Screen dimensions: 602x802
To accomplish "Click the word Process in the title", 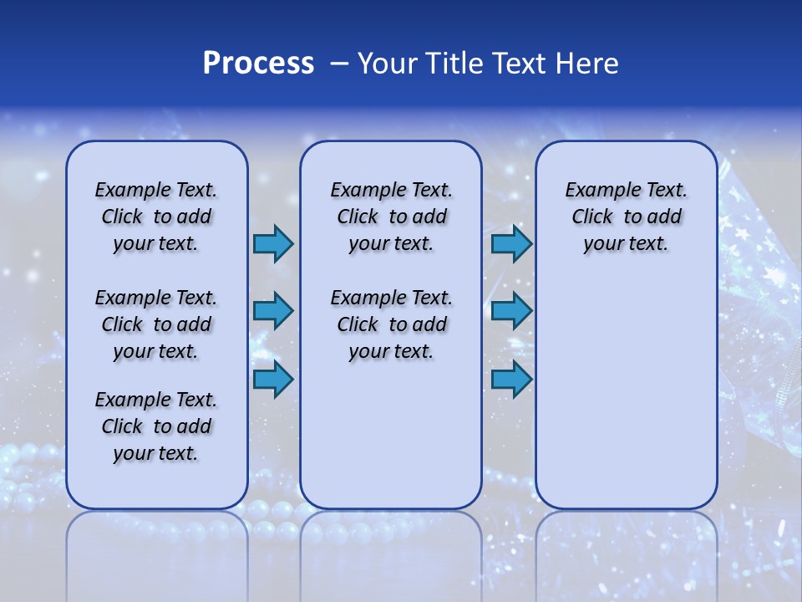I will point(258,64).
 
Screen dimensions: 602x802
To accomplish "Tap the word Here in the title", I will point(586,64).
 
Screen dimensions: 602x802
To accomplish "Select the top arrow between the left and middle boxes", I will point(273,244).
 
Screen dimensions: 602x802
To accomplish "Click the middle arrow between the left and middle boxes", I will point(273,312).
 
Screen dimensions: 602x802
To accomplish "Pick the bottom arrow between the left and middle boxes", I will point(273,380).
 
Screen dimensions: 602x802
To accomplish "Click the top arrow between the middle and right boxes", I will point(511,244).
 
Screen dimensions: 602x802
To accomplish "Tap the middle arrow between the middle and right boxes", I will point(511,312).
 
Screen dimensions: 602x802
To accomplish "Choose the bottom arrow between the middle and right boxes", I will point(511,380).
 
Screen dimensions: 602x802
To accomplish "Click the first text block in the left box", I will point(156,217).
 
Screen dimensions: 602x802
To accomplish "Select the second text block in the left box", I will point(156,324).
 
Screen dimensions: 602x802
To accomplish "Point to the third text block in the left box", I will point(156,426).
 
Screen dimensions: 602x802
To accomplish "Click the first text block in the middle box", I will point(391,217).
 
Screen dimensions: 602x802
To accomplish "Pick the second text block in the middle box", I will point(391,324).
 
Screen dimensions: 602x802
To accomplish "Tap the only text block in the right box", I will point(626,217).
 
